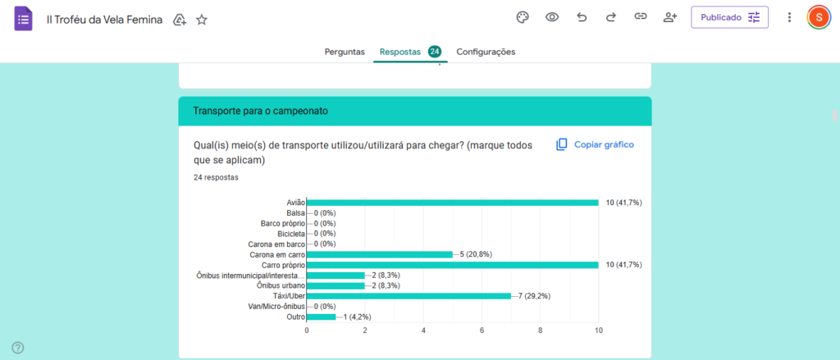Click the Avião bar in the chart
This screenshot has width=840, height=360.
(x=452, y=203)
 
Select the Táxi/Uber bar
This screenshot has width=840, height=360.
(x=409, y=295)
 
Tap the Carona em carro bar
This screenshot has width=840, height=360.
(x=379, y=254)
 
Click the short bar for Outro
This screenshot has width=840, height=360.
(x=321, y=317)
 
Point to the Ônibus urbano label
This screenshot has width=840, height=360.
(x=281, y=285)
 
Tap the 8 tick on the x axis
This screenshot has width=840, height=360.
(x=540, y=330)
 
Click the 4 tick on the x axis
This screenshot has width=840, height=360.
(x=423, y=330)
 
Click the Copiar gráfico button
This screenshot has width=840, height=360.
(x=595, y=144)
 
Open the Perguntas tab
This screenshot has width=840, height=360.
(x=345, y=52)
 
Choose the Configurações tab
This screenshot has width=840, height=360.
(x=486, y=52)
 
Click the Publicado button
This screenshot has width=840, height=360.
(x=729, y=17)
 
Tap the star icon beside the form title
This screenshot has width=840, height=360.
(x=202, y=20)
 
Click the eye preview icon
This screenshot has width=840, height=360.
(x=552, y=17)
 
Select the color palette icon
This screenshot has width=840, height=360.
(x=523, y=17)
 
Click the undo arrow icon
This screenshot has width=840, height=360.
(x=582, y=17)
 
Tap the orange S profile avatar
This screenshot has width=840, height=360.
(x=818, y=17)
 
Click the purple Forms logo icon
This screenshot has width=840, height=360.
(x=24, y=19)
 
